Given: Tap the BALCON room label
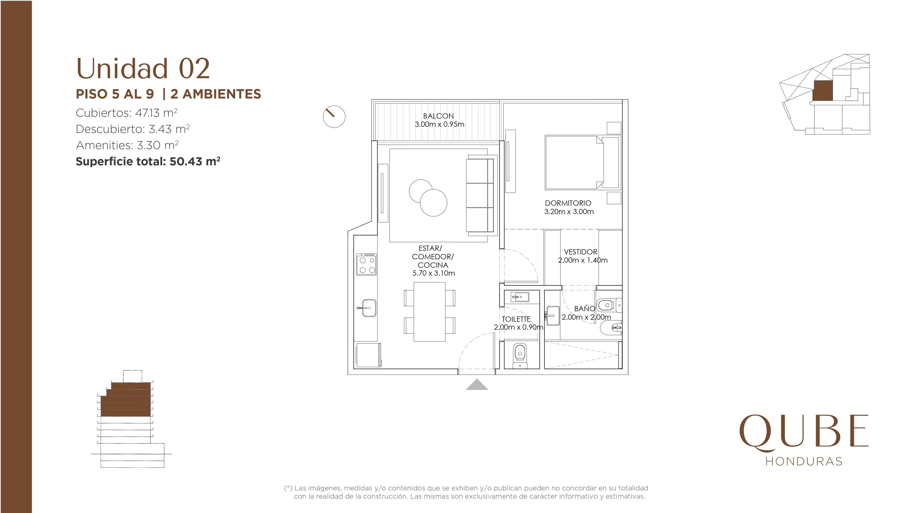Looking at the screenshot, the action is (x=438, y=116).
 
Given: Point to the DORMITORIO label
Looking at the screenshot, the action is (x=568, y=203).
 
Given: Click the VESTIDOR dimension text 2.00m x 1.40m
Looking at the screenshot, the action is (x=583, y=260).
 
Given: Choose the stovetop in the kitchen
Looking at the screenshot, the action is (x=367, y=264).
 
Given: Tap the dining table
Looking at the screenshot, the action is (x=430, y=311).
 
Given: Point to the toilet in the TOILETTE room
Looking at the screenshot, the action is (x=520, y=355).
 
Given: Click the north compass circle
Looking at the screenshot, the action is (x=334, y=117).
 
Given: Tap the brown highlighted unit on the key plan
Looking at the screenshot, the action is (x=822, y=91).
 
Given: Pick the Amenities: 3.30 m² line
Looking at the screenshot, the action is (x=127, y=145).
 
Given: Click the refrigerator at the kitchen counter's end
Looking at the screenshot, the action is (x=369, y=355).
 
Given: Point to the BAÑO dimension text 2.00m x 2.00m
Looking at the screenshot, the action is (x=586, y=317).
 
